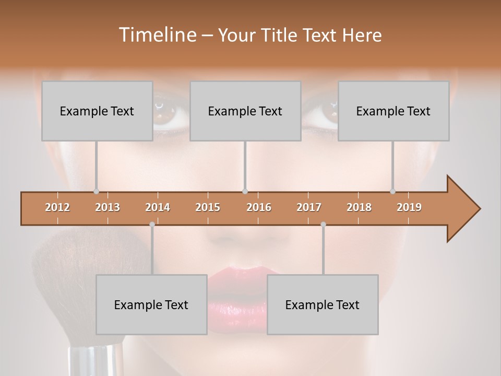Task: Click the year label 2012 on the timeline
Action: (x=57, y=207)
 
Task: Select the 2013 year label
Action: (x=108, y=207)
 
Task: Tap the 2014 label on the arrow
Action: (x=158, y=207)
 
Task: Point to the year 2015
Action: (x=208, y=207)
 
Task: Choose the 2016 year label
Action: (x=259, y=207)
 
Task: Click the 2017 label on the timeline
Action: (x=309, y=207)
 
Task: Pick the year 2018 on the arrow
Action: (x=359, y=207)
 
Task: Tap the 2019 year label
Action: (x=409, y=207)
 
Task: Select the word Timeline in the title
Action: (x=157, y=35)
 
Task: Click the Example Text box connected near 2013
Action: (x=97, y=111)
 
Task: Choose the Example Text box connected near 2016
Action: (x=245, y=111)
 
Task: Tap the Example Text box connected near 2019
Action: (x=393, y=111)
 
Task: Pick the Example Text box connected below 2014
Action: (x=151, y=305)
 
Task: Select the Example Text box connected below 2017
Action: (x=323, y=305)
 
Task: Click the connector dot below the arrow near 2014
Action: (x=152, y=225)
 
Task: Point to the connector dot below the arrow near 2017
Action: (x=323, y=225)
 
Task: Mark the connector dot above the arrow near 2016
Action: (x=245, y=192)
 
